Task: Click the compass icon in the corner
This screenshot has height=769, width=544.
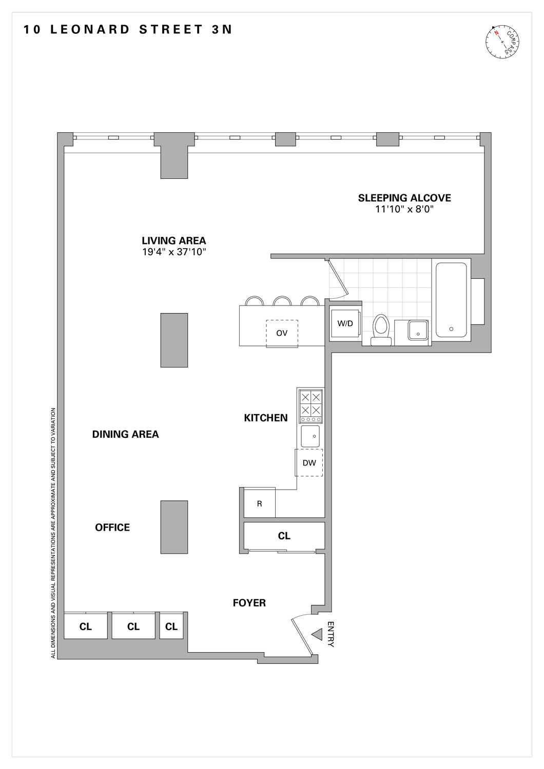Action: (502, 41)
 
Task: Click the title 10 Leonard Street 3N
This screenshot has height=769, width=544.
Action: (128, 30)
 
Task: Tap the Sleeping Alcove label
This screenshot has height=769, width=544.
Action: (404, 198)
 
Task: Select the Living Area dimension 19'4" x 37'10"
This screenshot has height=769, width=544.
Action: (174, 252)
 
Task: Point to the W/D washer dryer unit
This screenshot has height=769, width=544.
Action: (345, 323)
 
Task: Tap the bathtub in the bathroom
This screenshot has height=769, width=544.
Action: (451, 300)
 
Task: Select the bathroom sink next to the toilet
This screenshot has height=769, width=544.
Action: (418, 330)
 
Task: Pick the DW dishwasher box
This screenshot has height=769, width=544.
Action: (309, 462)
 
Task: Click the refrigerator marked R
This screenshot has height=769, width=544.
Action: (259, 503)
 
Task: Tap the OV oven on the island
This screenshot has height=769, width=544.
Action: (282, 333)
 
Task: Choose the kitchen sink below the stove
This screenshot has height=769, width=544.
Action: (310, 436)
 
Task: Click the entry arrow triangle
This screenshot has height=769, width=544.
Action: (317, 634)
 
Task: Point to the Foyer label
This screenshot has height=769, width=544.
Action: (249, 603)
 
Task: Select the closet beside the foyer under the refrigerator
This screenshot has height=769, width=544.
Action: (284, 536)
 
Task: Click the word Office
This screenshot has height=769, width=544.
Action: (112, 528)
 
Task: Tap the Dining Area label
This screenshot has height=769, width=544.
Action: (125, 434)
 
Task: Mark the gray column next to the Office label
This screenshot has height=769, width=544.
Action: (174, 527)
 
